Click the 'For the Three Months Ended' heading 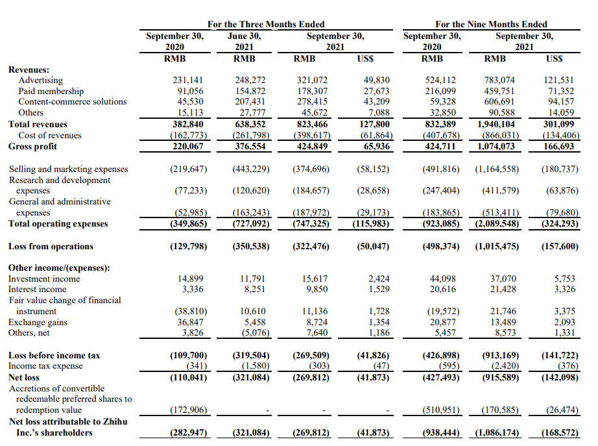coord(266,24)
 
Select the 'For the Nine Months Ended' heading coord(491,24)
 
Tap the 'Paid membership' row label coord(51,91)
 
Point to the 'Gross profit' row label coord(32,146)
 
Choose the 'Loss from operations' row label coord(51,246)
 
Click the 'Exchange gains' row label coord(37,322)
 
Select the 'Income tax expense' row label coord(45,366)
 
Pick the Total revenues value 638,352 coord(250,124)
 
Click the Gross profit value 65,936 coord(374,146)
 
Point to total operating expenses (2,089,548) coord(497,224)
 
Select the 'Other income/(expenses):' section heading coord(58,267)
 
